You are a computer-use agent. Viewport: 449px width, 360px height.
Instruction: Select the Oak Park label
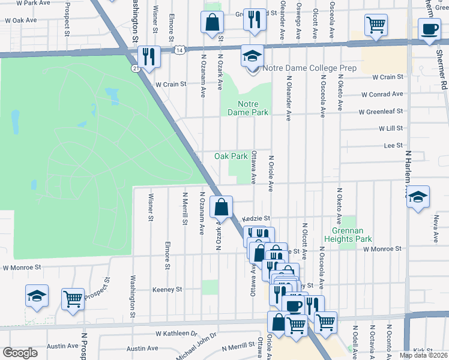coord(231,156)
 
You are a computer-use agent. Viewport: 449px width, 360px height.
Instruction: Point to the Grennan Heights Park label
coord(348,234)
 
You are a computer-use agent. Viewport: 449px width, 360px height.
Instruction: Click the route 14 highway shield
coord(179,51)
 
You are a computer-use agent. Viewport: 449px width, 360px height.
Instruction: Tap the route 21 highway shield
coord(136,69)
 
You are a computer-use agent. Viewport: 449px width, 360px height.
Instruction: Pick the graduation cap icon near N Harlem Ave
coord(418,197)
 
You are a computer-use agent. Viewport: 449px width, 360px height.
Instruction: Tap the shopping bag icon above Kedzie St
coord(221,208)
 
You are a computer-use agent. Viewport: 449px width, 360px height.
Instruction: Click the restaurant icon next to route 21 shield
coord(148,57)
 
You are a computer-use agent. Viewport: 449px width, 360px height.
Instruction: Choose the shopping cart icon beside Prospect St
coord(73,298)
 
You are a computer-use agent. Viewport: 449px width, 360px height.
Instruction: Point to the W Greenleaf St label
coord(381,112)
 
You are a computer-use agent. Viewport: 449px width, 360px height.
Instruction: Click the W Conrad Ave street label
coord(382,94)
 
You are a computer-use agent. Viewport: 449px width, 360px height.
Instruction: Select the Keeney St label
coord(167,289)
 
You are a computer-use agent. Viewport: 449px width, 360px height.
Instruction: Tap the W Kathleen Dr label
coord(176,333)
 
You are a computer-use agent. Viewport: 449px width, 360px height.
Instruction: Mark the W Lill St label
coord(390,128)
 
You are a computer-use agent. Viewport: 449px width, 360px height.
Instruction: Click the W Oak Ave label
coord(20,20)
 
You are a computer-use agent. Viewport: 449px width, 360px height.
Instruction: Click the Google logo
coord(20,353)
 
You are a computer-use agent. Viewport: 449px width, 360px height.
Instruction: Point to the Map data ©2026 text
coord(423,355)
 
